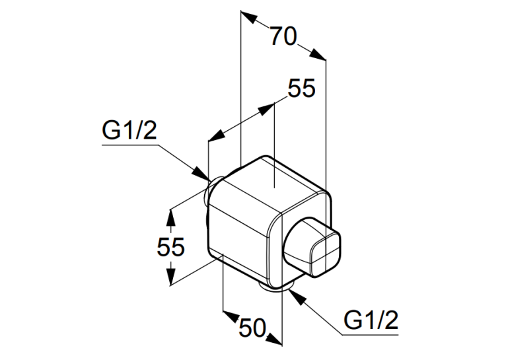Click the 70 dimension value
(283, 36)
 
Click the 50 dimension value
(252, 328)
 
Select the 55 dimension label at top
(301, 88)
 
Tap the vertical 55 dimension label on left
(170, 246)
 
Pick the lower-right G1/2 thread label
(371, 320)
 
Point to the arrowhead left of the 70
(249, 17)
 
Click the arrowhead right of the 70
(318, 54)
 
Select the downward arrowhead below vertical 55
(170, 277)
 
